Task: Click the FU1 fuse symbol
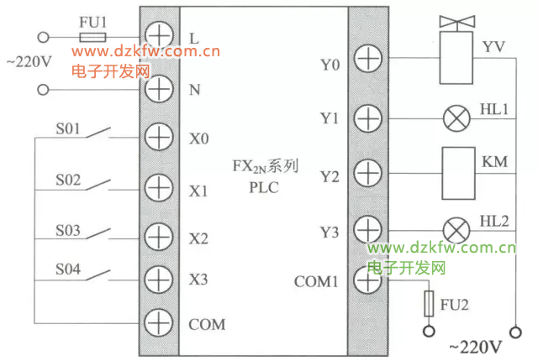pyautogui.click(x=92, y=38)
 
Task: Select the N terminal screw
pyautogui.click(x=158, y=88)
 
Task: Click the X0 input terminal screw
pyautogui.click(x=158, y=137)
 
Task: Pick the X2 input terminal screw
pyautogui.click(x=158, y=236)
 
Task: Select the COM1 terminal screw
pyautogui.click(x=367, y=280)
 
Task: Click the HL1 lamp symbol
pyautogui.click(x=456, y=118)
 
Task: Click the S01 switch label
pyautogui.click(x=68, y=130)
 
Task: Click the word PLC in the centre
pyautogui.click(x=263, y=187)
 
